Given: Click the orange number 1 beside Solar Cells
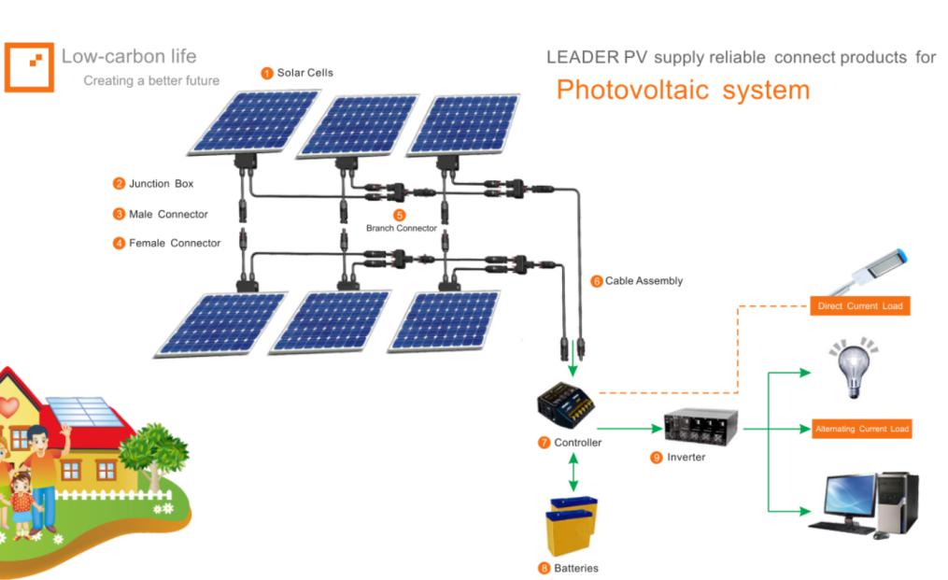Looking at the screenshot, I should pos(266,73).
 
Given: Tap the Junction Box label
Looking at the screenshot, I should pos(161,184).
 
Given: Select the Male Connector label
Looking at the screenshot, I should pos(168,214).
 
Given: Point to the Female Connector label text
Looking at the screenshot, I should pos(175,243).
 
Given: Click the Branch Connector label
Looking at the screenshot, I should pos(401,228).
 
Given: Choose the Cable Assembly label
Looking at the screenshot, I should pos(644,280).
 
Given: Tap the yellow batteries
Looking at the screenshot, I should pos(571,528).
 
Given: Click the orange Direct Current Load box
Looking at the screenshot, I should pos(859,306).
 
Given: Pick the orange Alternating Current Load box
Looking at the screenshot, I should pos(860,429).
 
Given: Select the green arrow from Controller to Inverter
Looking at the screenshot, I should pos(628,429).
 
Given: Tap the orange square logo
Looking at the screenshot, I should pos(29,65).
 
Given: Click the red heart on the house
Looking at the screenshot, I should pos(7,408).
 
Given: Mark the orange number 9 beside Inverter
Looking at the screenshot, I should pos(657,457).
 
